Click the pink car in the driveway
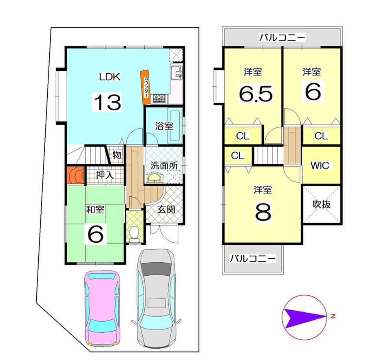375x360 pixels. coord(102,309)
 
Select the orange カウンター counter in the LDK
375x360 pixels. coord(146,87)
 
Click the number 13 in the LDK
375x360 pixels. coord(107,102)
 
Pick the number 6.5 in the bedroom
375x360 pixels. coord(256,93)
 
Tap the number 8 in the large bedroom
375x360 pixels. coord(263,212)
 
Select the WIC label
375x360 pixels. coord(320,165)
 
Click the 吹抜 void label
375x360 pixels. coord(322,204)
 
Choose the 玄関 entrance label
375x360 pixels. coord(166,209)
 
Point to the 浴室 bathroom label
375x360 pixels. coord(164,126)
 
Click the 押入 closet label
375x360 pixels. coord(105,176)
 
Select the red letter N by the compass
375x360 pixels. coord(333,316)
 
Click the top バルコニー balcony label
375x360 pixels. coord(282,37)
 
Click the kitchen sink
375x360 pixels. coord(177,73)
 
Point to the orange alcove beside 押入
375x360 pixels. coord(75,175)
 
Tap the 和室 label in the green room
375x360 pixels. coord(95,209)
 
